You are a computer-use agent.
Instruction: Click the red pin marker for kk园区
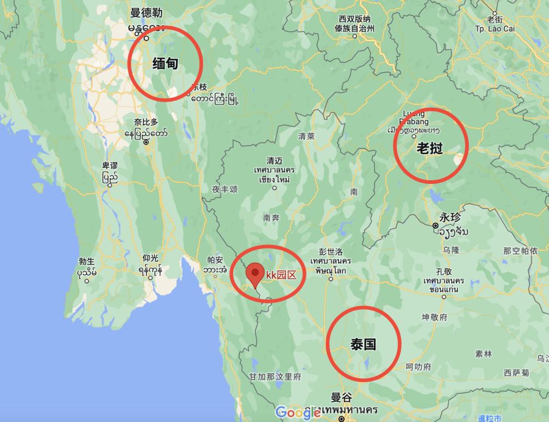[254, 273]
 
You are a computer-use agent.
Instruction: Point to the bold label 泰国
[363, 345]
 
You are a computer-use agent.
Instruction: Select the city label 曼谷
[341, 397]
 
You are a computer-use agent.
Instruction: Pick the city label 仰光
[150, 257]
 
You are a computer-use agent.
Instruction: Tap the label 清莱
[306, 136]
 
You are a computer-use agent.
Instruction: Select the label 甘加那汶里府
[275, 377]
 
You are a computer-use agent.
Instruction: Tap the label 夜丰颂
[224, 189]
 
